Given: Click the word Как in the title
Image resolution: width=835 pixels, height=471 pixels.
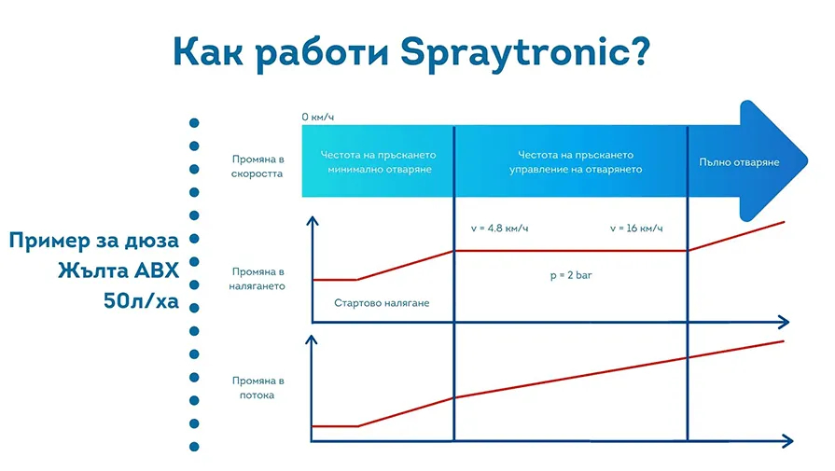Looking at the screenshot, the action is click(208, 51).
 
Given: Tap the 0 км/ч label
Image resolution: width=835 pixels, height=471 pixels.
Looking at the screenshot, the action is click(317, 117).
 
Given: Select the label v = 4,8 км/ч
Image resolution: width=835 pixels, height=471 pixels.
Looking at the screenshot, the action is click(499, 229).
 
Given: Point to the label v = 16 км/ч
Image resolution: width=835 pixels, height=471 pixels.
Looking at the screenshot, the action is click(636, 229).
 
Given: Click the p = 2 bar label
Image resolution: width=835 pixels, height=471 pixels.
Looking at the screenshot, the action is click(571, 275).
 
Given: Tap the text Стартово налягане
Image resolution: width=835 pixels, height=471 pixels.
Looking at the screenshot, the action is click(382, 303).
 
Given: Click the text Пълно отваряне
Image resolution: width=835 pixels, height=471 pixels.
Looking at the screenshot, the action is click(739, 161).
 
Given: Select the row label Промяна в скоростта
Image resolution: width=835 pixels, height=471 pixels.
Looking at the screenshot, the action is click(257, 166).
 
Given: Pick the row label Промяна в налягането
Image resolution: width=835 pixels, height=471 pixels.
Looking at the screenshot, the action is click(257, 278).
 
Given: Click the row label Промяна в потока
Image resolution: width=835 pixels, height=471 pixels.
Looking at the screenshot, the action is click(257, 387).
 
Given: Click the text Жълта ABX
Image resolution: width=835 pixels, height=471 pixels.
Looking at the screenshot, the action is click(118, 270).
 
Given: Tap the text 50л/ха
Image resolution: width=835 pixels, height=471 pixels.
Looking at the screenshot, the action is click(141, 300).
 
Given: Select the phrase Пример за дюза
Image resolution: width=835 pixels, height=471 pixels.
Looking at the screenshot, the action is click(93, 241).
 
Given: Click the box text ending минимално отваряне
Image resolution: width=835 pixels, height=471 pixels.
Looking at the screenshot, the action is click(379, 161).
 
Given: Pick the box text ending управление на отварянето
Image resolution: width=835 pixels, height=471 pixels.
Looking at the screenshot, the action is click(576, 161).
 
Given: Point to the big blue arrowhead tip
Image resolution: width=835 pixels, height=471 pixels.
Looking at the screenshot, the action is click(807, 160).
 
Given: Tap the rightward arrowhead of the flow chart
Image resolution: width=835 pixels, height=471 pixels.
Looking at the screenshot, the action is click(788, 440).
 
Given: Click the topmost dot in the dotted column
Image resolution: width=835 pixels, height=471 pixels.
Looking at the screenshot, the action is click(194, 123).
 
